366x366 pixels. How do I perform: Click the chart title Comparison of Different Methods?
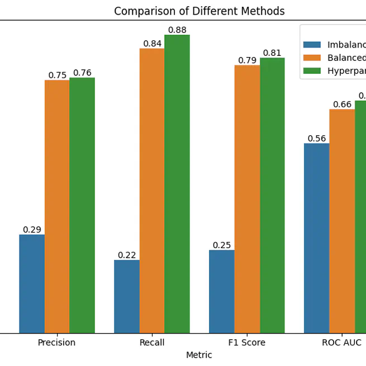tap(199, 11)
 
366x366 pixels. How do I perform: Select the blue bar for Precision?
tap(32, 284)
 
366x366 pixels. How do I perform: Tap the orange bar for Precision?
tap(57, 207)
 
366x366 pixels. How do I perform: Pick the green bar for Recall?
tap(177, 184)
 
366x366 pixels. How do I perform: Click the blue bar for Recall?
tap(127, 297)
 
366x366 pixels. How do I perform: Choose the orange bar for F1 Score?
tap(247, 199)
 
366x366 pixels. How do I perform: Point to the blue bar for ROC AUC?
tap(317, 239)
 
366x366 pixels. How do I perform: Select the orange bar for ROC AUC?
tap(342, 221)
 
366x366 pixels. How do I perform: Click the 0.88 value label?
tap(177, 30)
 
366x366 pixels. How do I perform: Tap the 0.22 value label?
tap(127, 255)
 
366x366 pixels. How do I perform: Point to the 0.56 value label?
tap(317, 139)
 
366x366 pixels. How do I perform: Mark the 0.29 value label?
tap(32, 230)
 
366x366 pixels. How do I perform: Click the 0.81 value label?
tap(272, 53)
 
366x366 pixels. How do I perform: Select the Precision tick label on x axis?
tap(56, 343)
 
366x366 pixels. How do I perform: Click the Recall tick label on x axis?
tap(151, 343)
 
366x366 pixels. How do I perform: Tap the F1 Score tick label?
tap(246, 343)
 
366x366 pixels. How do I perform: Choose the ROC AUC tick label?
tap(341, 343)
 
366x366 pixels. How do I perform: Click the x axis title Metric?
tap(199, 355)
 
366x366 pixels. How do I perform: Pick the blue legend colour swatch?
tap(312, 45)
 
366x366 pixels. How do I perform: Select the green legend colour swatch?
tap(312, 70)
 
